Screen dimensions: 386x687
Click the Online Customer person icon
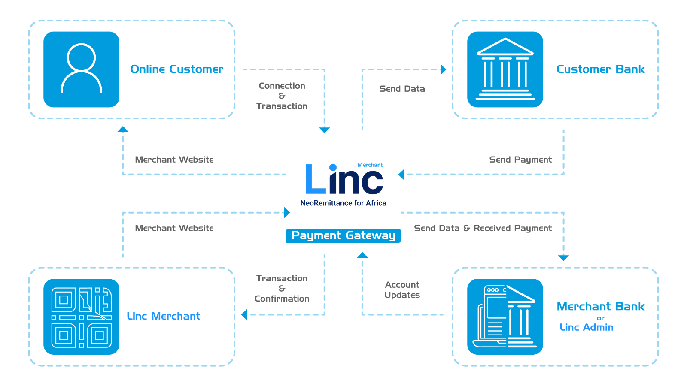pyautogui.click(x=81, y=69)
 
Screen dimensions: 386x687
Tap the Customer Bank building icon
pyautogui.click(x=505, y=69)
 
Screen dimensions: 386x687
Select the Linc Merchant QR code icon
pyautogui.click(x=81, y=317)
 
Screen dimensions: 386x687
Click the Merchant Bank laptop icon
pyautogui.click(x=505, y=317)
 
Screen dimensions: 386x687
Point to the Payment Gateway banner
pyautogui.click(x=343, y=235)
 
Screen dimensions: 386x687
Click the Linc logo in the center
pyautogui.click(x=343, y=179)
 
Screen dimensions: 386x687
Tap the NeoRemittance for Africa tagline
pyautogui.click(x=343, y=203)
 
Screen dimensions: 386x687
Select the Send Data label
pyautogui.click(x=402, y=89)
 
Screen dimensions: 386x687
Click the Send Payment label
pyautogui.click(x=520, y=160)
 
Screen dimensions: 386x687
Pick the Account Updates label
pyautogui.click(x=402, y=290)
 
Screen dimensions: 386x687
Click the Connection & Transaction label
pyautogui.click(x=282, y=96)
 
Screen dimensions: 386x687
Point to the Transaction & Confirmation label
pyautogui.click(x=282, y=288)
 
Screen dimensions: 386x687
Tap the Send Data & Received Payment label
pyautogui.click(x=483, y=228)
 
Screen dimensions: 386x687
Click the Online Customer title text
pyautogui.click(x=176, y=69)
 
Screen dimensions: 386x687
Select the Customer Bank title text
pyautogui.click(x=600, y=69)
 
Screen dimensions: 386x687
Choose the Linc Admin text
pyautogui.click(x=587, y=327)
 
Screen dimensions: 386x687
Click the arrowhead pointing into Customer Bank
pyautogui.click(x=444, y=69)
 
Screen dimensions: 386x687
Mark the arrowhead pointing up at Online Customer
pyautogui.click(x=123, y=129)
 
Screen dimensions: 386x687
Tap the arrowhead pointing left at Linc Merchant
pyautogui.click(x=244, y=315)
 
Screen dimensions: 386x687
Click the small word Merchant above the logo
pyautogui.click(x=370, y=165)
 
